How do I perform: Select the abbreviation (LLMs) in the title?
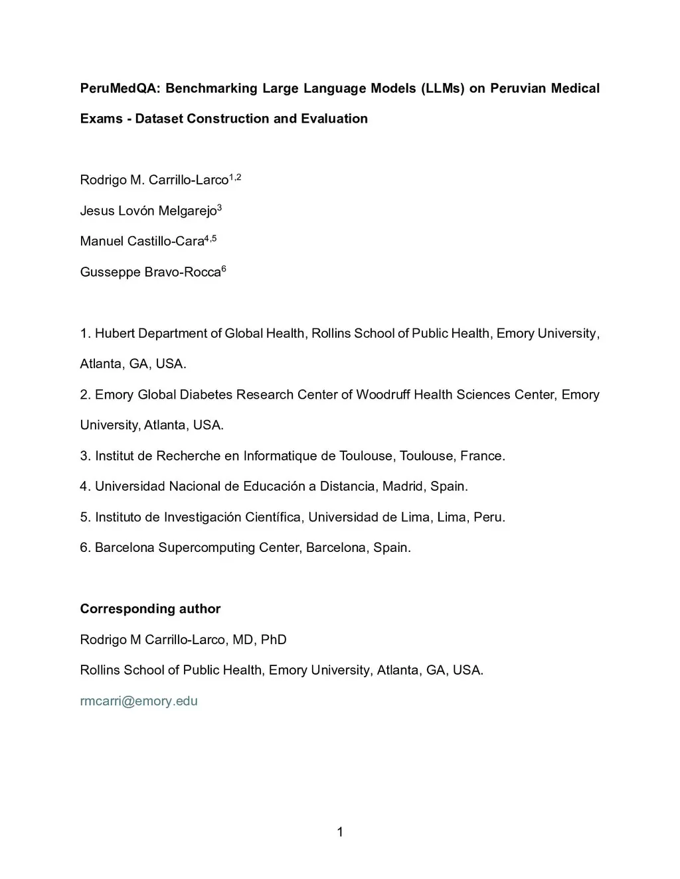coord(443,88)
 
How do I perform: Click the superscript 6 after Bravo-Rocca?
coord(224,269)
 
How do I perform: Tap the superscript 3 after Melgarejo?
coord(219,208)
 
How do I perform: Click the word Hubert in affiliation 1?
coord(114,333)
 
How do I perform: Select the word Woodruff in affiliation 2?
coord(383,395)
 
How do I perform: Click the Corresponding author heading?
coord(150,609)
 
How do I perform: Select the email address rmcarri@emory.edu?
coord(139,701)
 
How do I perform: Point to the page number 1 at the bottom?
coord(340,832)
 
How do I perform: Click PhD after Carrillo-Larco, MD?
coord(274,640)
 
